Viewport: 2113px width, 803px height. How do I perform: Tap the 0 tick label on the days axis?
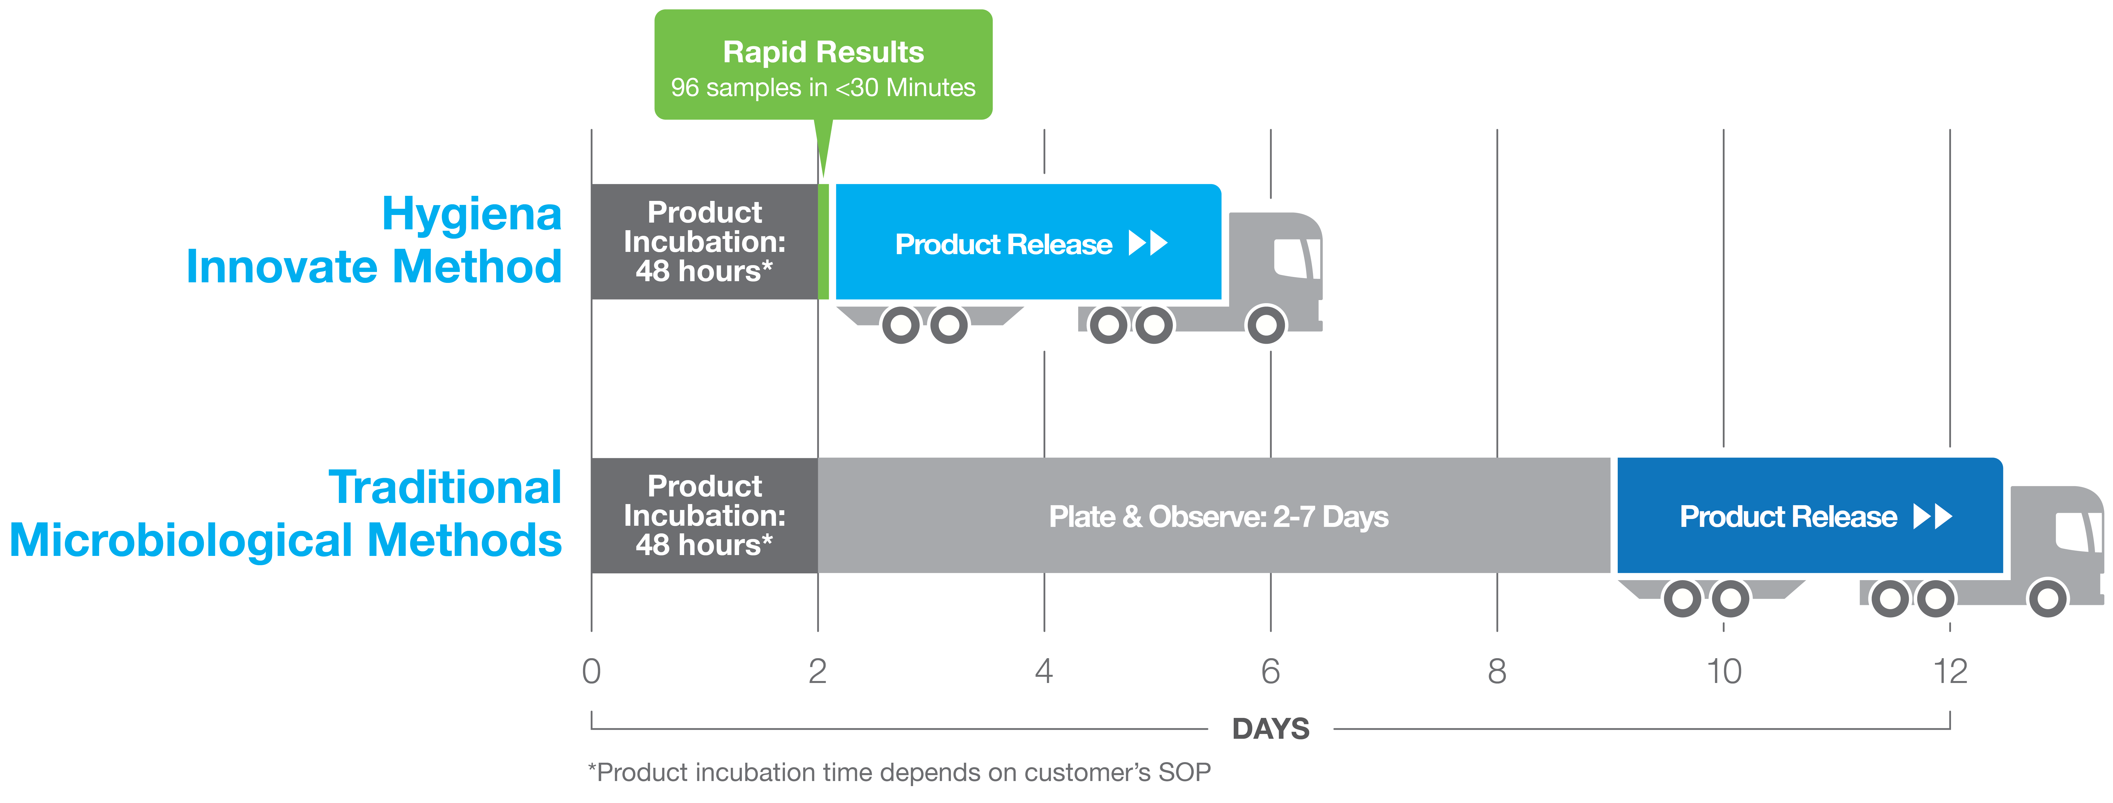pyautogui.click(x=591, y=671)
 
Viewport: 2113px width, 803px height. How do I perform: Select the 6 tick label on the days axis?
pyautogui.click(x=1271, y=671)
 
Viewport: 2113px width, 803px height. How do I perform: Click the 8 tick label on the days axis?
pyautogui.click(x=1497, y=671)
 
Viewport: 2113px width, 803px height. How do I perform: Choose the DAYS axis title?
pyautogui.click(x=1271, y=728)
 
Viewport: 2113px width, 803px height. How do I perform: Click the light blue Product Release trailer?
pyautogui.click(x=1028, y=242)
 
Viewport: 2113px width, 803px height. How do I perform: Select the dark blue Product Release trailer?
pyautogui.click(x=1810, y=515)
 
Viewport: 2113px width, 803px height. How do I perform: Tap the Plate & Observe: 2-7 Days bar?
pyautogui.click(x=1214, y=515)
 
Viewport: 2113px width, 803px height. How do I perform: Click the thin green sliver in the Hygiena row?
pyautogui.click(x=824, y=242)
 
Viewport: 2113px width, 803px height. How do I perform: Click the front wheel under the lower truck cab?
pyautogui.click(x=2047, y=599)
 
